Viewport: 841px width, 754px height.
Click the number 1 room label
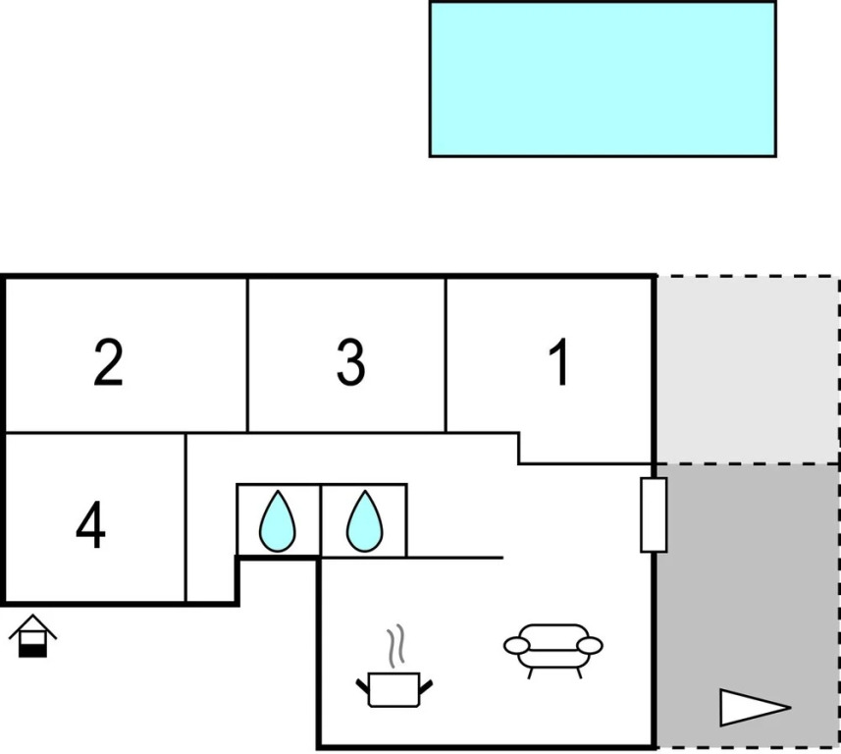click(x=558, y=363)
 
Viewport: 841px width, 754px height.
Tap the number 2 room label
click(x=109, y=362)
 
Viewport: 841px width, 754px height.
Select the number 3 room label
click(x=350, y=362)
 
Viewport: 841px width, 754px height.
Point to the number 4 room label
click(x=90, y=526)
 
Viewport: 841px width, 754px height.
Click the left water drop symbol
click(x=278, y=520)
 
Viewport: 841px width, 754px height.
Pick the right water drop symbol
click(x=364, y=520)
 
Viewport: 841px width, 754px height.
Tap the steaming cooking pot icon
click(x=394, y=686)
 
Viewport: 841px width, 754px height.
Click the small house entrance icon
click(x=32, y=637)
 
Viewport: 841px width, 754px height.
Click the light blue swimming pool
click(x=603, y=79)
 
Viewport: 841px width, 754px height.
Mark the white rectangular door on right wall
click(x=654, y=514)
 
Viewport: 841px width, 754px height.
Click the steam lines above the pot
click(x=395, y=646)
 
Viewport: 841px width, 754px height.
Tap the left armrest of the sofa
click(x=516, y=645)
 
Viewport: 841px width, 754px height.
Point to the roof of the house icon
click(x=32, y=625)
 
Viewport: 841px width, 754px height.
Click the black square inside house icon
click(x=32, y=648)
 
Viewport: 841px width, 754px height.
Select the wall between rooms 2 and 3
click(x=247, y=353)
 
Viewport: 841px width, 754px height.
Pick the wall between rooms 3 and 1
click(x=446, y=353)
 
